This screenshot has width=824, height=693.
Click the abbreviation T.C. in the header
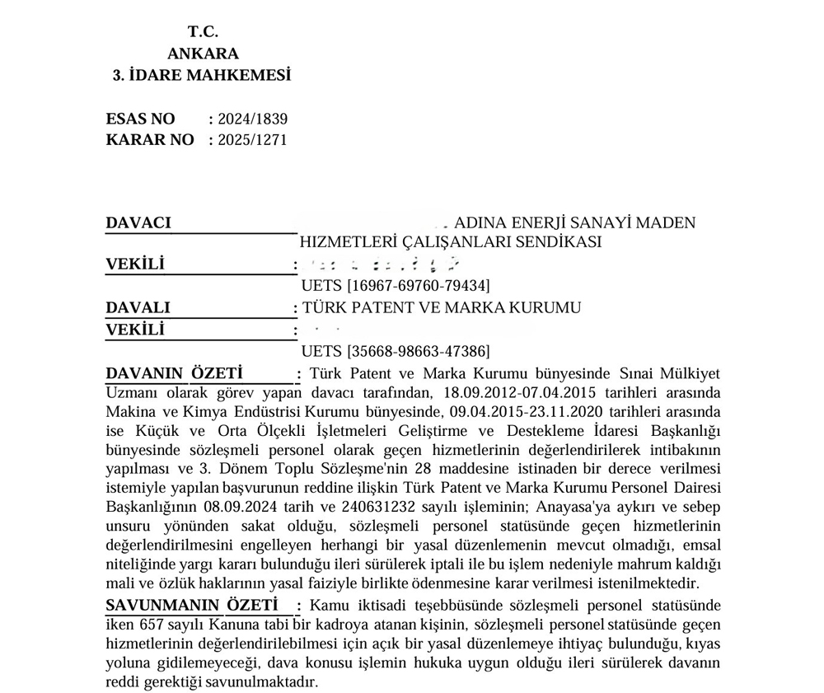click(202, 32)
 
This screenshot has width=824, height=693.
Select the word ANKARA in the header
click(203, 54)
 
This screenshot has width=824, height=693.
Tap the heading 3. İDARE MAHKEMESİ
click(202, 76)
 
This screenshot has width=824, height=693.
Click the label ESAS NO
click(140, 119)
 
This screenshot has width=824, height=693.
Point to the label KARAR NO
click(150, 140)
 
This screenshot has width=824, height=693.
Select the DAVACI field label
click(138, 222)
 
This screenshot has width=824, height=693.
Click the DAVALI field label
click(138, 307)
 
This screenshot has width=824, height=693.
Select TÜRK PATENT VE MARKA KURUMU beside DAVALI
click(442, 307)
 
